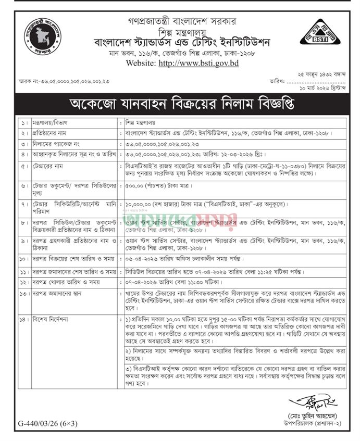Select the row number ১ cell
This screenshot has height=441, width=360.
[x=23, y=125]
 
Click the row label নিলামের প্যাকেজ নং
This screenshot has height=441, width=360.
[x=57, y=144]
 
